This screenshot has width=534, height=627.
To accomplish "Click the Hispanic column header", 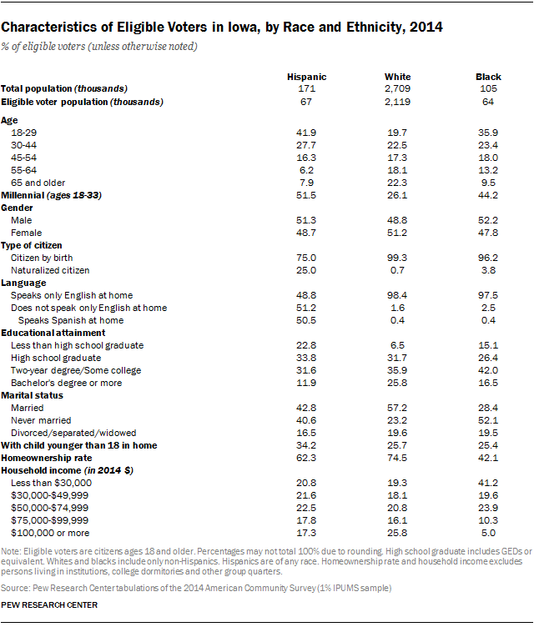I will click(305, 77).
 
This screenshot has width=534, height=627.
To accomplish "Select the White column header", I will click(397, 77).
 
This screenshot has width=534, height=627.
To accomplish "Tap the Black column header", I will click(488, 77).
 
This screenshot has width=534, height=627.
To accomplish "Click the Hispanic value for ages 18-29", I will click(305, 132).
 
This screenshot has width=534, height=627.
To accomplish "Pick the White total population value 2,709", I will click(397, 88).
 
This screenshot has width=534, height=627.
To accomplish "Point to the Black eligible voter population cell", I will click(488, 102).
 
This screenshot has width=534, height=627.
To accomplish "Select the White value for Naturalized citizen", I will click(397, 270).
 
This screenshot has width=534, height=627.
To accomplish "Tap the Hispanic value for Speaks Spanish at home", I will click(305, 320).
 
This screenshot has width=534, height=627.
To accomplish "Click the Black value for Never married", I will click(488, 420).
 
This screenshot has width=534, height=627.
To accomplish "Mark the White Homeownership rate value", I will click(397, 458).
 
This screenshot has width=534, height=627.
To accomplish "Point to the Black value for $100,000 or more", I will click(488, 532).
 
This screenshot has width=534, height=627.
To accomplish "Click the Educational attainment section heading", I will click(48, 333).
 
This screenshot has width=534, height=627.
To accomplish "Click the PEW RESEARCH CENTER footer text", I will click(49, 604).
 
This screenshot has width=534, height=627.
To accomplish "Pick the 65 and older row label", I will click(37, 183).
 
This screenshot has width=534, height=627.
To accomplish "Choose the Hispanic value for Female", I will click(305, 233).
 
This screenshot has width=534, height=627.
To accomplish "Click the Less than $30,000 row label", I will click(48, 483).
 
